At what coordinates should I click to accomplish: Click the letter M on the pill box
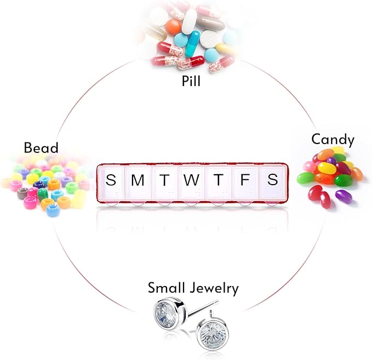coord(138,180)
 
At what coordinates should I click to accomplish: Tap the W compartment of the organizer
coord(191,182)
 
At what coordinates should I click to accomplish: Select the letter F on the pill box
coord(245,180)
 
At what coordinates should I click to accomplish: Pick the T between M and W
coord(165,180)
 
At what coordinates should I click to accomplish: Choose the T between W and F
coord(218,180)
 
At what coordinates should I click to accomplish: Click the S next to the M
coord(111,180)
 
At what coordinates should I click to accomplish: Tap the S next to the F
coord(273,180)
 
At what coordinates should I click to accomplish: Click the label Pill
coord(191,81)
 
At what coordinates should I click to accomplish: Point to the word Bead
coord(41,147)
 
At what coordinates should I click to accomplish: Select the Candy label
coord(333,140)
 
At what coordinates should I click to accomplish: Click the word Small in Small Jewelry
coord(167,287)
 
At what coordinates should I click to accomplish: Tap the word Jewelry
coord(214,288)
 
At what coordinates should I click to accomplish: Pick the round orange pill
coord(174,26)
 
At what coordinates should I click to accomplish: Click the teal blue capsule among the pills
coord(192,44)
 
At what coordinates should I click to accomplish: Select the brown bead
coord(23,193)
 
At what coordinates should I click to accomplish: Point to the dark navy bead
coord(39,185)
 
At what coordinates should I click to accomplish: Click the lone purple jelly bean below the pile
coord(344,195)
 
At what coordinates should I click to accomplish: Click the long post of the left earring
coord(203,308)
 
